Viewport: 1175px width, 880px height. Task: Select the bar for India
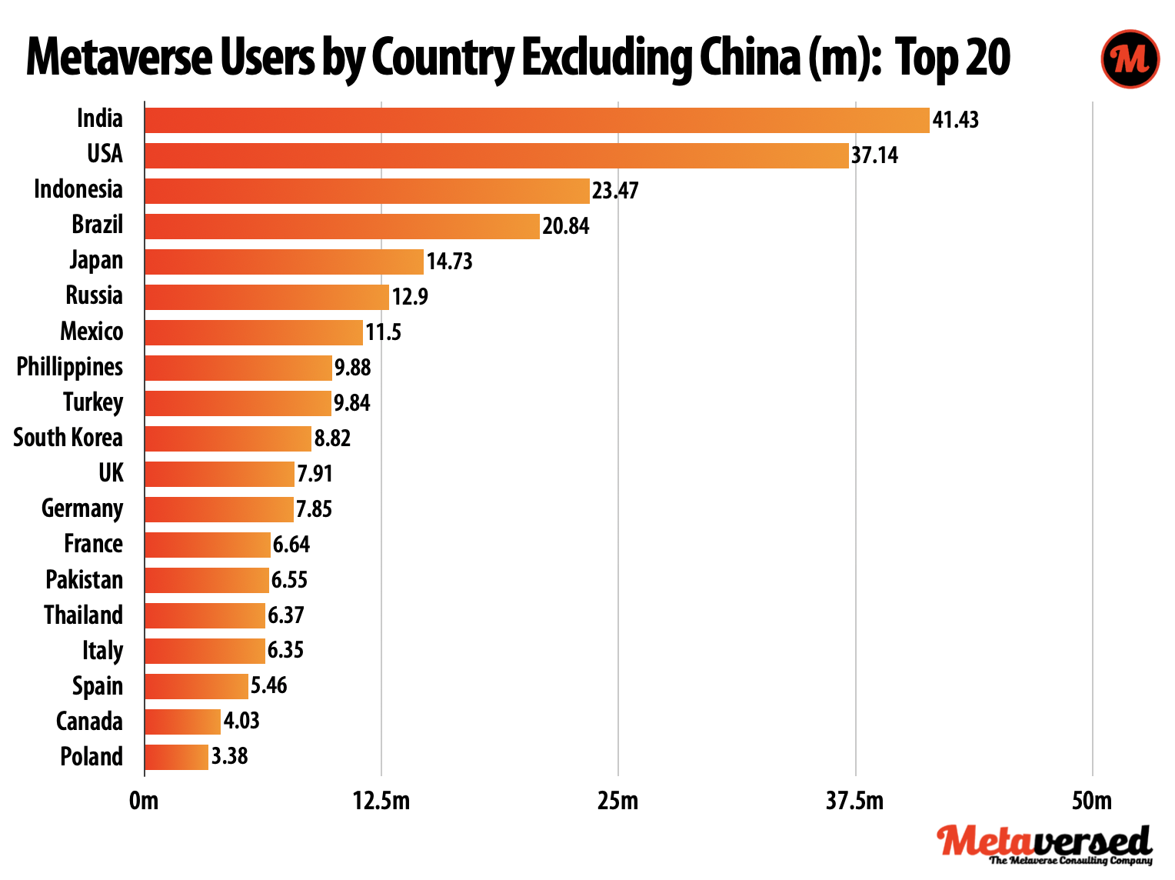click(x=537, y=121)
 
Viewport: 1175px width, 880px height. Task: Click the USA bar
click(x=496, y=155)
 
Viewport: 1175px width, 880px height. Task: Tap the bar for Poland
click(x=176, y=757)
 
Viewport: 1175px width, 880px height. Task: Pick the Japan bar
click(x=284, y=262)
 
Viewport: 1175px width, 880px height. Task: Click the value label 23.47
click(x=615, y=191)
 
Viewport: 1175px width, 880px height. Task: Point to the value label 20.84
click(x=566, y=226)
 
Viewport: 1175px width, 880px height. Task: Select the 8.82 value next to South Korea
click(x=332, y=438)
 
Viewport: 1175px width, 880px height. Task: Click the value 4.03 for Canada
click(x=241, y=721)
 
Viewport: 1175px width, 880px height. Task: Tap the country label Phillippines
click(x=69, y=367)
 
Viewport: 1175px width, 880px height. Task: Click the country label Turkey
click(x=93, y=402)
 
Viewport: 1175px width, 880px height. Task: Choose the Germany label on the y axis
click(x=82, y=508)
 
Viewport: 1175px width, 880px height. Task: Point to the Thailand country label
click(x=83, y=615)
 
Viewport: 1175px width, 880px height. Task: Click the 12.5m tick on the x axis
click(x=381, y=802)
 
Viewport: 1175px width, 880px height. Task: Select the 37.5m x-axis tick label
click(x=855, y=802)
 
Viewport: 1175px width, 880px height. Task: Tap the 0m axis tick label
click(x=144, y=802)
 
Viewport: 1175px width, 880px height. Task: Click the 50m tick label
click(x=1092, y=802)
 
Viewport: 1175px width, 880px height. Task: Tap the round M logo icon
click(x=1130, y=58)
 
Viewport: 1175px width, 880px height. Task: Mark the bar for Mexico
click(x=253, y=332)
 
